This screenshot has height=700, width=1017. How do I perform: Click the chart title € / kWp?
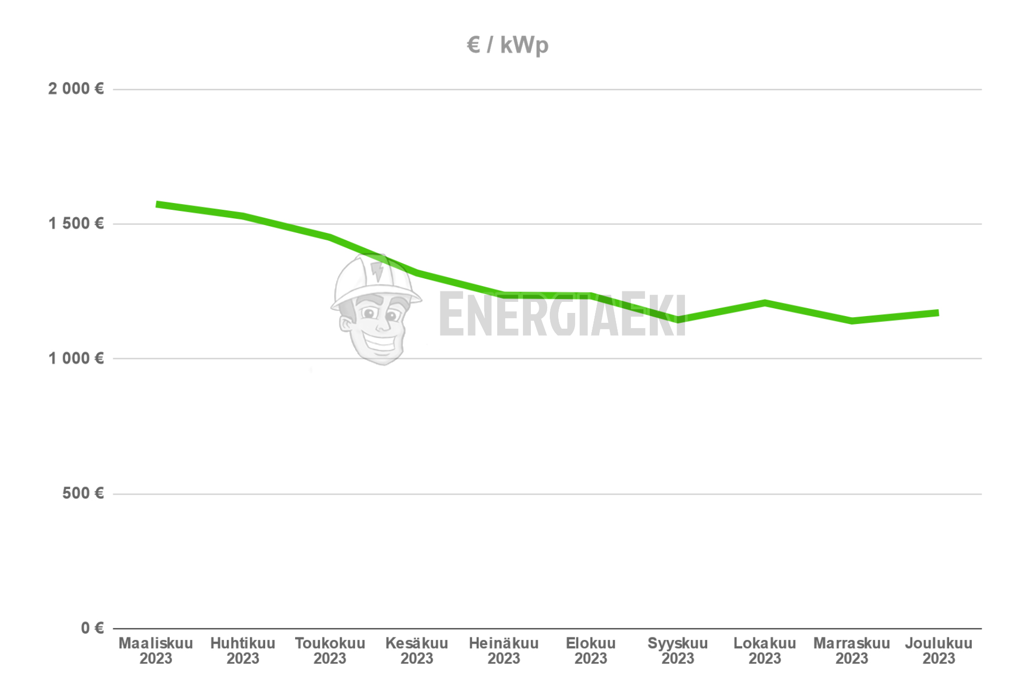click(x=507, y=45)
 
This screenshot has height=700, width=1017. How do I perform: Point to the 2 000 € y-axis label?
click(x=76, y=89)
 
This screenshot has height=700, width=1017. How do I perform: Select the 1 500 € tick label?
click(x=76, y=224)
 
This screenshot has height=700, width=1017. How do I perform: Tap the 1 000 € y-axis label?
click(x=76, y=359)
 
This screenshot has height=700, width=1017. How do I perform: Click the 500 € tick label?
click(x=83, y=493)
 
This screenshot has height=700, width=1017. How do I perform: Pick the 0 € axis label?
click(x=92, y=628)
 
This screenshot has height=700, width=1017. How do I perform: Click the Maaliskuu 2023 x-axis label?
click(x=156, y=651)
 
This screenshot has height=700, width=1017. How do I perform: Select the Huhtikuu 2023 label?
click(x=243, y=651)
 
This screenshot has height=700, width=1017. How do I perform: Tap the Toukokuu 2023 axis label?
click(x=330, y=651)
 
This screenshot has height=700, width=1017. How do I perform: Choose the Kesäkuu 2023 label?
click(x=417, y=651)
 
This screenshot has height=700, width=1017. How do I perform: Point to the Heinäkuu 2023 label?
click(x=504, y=651)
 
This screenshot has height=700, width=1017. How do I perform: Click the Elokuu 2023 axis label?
click(x=590, y=651)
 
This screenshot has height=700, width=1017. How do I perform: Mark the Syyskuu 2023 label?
click(x=678, y=651)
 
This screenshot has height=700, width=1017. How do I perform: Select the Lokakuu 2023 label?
click(x=764, y=651)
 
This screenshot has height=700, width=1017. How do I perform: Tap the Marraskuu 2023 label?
click(x=851, y=651)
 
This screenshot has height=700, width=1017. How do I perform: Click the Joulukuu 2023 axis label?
click(x=939, y=651)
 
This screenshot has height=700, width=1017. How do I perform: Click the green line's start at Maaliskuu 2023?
click(x=157, y=204)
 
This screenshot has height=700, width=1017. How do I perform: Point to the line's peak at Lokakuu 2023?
click(x=764, y=303)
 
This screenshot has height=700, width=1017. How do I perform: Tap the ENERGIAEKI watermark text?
click(x=562, y=315)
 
